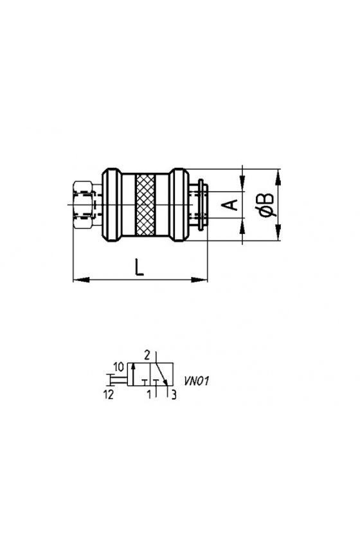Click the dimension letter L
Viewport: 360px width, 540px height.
coord(139,267)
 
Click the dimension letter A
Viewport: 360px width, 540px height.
coord(230,204)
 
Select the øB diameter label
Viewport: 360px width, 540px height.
coord(267,206)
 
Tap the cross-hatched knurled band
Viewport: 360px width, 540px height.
coord(145,205)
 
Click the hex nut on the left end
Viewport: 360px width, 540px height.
coord(83,205)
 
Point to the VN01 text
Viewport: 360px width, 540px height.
coord(196,381)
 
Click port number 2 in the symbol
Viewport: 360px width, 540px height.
coord(147,355)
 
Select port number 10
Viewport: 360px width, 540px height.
coord(118,367)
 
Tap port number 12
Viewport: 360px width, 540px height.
coord(109,395)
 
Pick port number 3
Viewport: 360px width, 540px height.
coord(174,395)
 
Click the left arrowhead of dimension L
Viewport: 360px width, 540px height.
coord(81,279)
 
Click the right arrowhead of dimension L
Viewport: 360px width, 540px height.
coord(199,279)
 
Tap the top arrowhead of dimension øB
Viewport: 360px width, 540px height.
coord(278,177)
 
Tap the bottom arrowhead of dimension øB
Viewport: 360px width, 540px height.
coord(278,232)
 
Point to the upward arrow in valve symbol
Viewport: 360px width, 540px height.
coord(133,374)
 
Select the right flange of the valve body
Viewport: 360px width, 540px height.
coord(180,205)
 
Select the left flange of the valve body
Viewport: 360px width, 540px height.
coord(112,205)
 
